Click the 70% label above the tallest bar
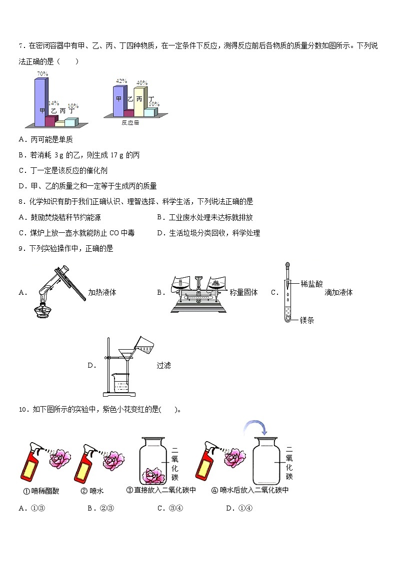tap(42, 74)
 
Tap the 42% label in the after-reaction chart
tap(121, 81)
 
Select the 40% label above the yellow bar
tap(141, 83)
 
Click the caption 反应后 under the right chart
tap(130, 122)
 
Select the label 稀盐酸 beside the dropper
tap(311, 284)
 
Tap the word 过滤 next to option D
tap(163, 365)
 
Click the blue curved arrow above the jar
tap(256, 428)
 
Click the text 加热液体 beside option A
tap(102, 292)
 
